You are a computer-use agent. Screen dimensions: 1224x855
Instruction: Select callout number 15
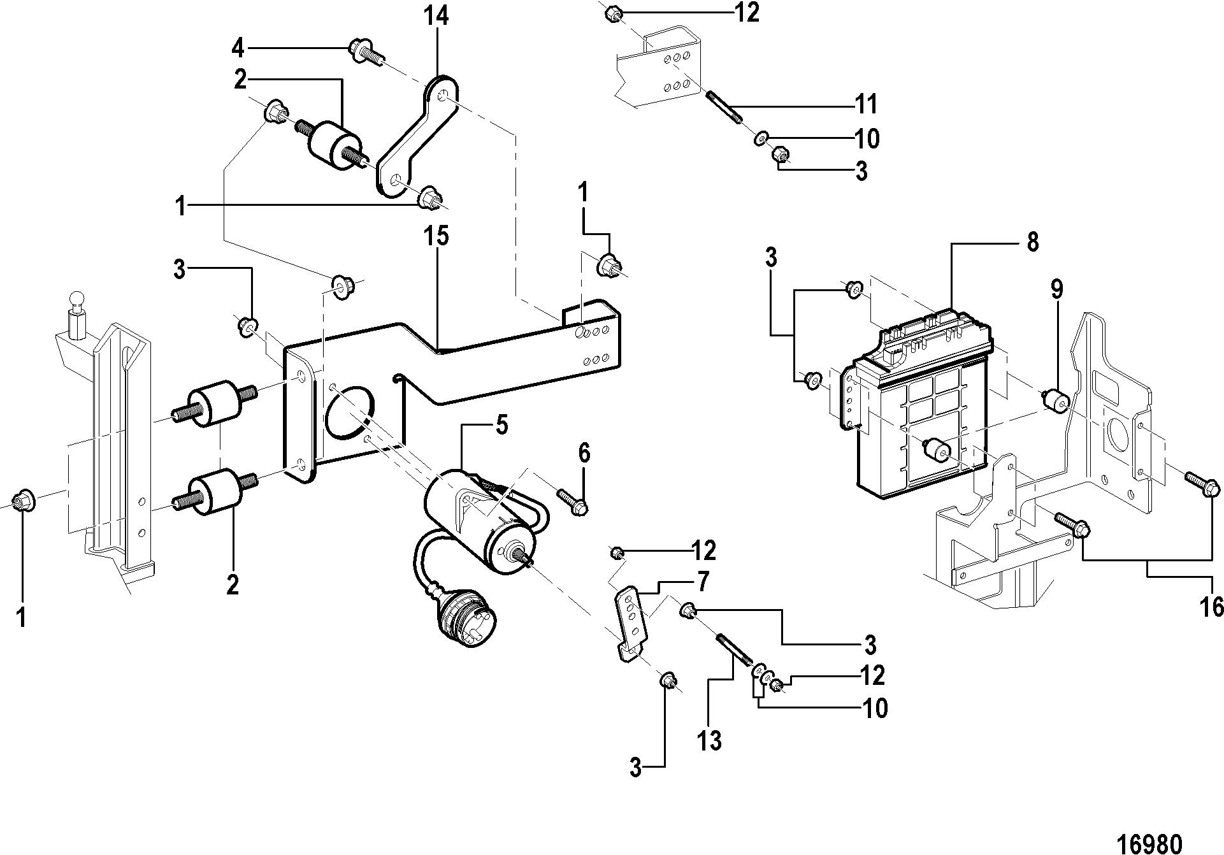(x=438, y=236)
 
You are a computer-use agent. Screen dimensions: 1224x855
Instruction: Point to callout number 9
(x=1057, y=289)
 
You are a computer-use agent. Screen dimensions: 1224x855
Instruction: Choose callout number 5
(x=502, y=425)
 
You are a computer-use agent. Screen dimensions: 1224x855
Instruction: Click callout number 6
(x=584, y=453)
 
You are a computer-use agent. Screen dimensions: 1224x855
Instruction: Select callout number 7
(x=703, y=582)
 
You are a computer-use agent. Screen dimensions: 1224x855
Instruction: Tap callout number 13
(x=709, y=740)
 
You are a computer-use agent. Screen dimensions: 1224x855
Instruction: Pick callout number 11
(x=866, y=103)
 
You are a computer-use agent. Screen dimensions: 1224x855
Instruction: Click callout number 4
(x=238, y=48)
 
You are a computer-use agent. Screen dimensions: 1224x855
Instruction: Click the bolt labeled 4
(x=366, y=52)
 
